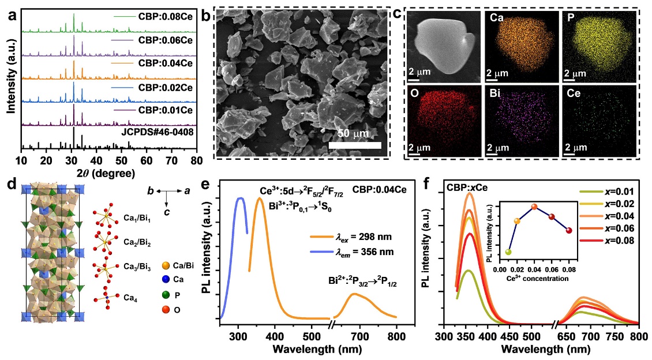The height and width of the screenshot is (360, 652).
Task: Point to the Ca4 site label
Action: (131, 298)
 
